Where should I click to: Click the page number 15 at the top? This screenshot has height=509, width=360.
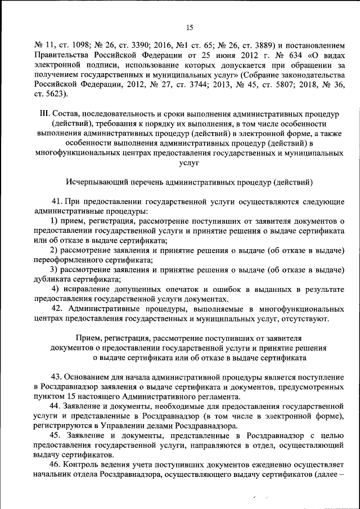coord(189,27)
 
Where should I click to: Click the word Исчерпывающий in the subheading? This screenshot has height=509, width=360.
coord(96,182)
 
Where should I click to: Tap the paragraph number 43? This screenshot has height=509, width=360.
coord(56,376)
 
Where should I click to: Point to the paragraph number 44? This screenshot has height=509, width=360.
coord(56,406)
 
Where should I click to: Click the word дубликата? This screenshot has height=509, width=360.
coord(53,280)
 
